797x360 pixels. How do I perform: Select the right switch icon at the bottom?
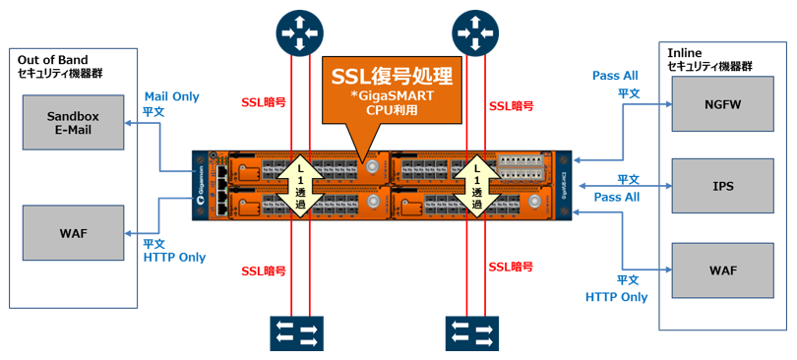click(x=473, y=331)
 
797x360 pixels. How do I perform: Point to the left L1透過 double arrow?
click(x=303, y=187)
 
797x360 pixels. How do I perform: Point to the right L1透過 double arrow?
click(x=473, y=187)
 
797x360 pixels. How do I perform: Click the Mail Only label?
click(x=171, y=96)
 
